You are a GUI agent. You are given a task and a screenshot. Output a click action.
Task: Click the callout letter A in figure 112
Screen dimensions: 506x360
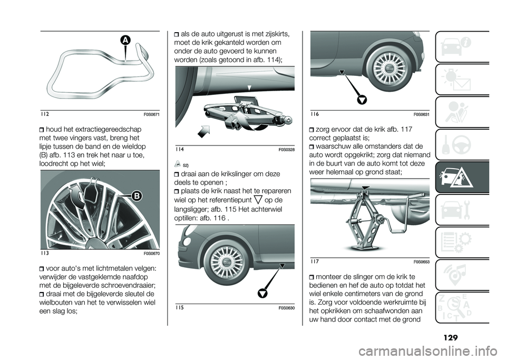coord(125,41)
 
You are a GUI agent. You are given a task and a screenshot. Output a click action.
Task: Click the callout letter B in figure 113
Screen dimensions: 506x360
coord(137,196)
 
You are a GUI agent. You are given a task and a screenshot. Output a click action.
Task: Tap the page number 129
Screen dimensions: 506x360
coord(451,338)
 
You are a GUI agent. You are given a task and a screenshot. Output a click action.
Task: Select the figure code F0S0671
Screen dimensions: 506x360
coord(152,115)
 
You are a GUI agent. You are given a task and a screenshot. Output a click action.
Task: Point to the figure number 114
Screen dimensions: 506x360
coord(180,149)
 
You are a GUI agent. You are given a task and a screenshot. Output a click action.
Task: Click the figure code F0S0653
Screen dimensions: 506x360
coord(422,262)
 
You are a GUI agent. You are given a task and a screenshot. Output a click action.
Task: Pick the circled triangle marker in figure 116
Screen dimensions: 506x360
coord(363,100)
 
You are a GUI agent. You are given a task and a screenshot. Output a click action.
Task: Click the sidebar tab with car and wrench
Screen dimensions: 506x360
coord(462,209)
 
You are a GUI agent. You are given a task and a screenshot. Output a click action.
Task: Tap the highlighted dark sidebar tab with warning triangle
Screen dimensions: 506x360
coord(462,177)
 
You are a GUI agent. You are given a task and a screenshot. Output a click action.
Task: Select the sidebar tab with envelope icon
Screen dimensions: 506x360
coord(462,79)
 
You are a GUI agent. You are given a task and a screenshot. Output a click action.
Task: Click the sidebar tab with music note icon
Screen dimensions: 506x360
coord(462,275)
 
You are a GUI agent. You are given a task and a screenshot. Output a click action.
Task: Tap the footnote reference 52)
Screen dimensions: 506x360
coord(186,165)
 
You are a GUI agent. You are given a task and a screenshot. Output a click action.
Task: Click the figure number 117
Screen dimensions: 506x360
coord(315,261)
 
